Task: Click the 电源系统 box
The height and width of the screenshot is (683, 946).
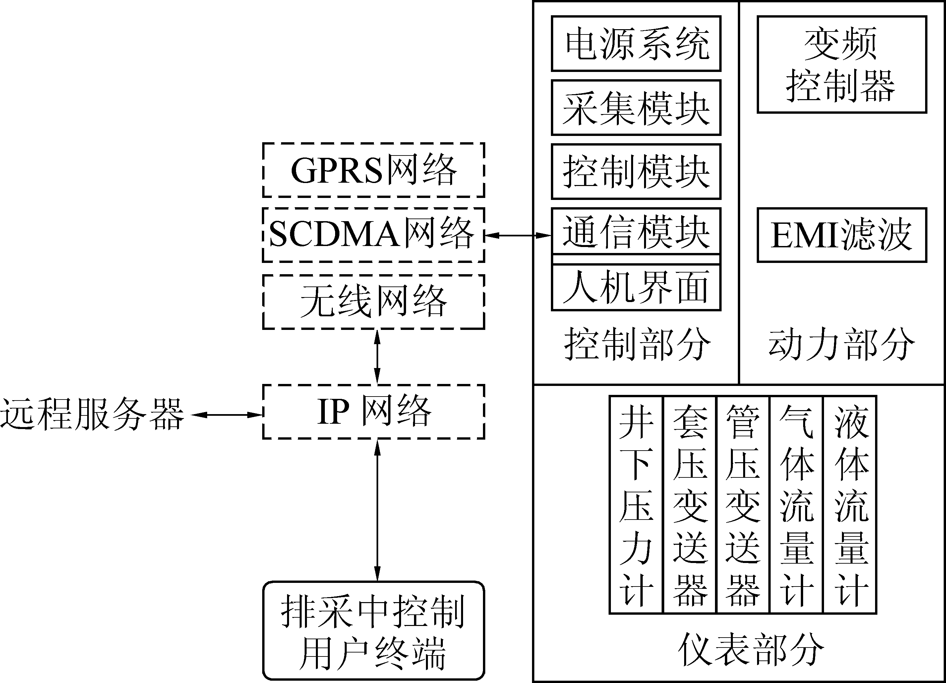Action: pos(636,43)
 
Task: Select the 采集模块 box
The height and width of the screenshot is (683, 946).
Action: pos(636,108)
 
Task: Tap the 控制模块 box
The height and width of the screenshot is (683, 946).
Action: pos(636,171)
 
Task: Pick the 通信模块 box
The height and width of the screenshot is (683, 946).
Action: pos(636,231)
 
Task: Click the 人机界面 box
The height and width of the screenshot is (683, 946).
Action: pos(636,287)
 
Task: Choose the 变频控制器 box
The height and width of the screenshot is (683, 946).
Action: pos(842,64)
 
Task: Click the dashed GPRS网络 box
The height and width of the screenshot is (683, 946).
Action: pos(373,170)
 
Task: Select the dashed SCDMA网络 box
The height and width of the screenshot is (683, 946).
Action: pos(373,235)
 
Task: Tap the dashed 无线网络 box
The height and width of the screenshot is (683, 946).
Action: pos(373,302)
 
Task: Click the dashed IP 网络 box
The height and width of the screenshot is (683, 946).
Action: pos(373,412)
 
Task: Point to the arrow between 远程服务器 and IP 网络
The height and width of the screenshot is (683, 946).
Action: pos(227,415)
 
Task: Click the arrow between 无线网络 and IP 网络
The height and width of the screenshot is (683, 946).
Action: pos(378,357)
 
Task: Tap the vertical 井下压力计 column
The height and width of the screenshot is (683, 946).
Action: pos(636,505)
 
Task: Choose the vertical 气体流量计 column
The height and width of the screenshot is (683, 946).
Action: pos(796,505)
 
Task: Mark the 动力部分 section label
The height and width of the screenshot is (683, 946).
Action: pos(842,344)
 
